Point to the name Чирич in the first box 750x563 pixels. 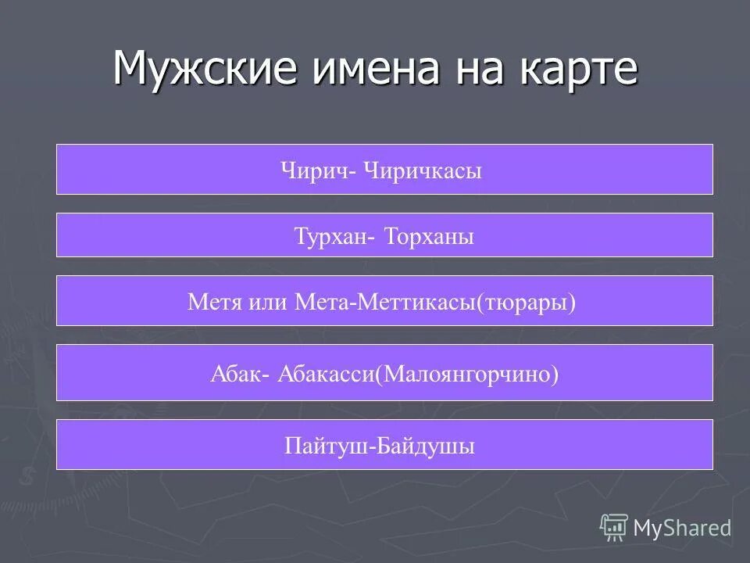click(x=316, y=170)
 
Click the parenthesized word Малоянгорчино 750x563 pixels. click(x=468, y=374)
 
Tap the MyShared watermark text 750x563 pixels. click(x=683, y=528)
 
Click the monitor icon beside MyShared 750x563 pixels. click(x=614, y=527)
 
